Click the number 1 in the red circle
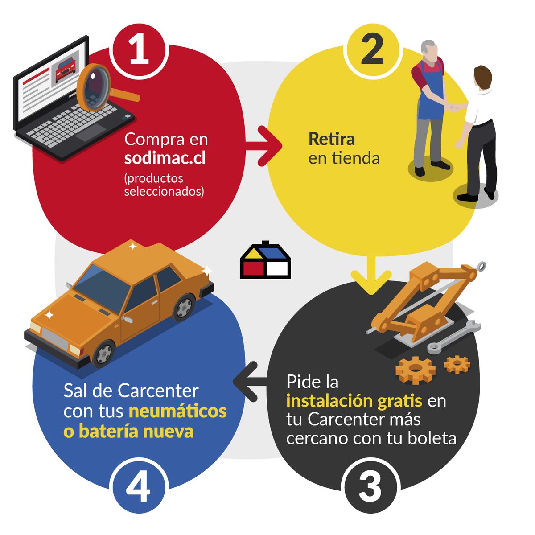pos(139,50)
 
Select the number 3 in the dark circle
pos(370,486)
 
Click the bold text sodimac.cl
pos(165,158)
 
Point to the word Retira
pos(332,139)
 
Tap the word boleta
pos(432,438)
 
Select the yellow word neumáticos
pos(177,411)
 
